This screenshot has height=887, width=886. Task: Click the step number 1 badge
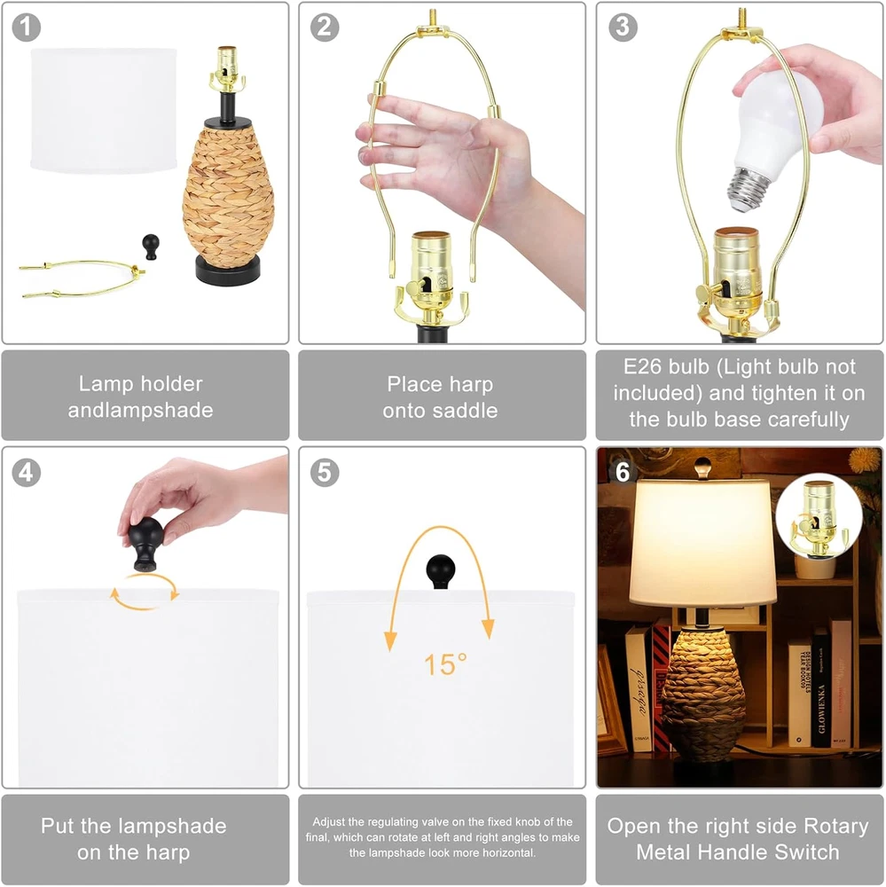click(x=26, y=27)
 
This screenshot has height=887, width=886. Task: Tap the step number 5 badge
click(x=325, y=473)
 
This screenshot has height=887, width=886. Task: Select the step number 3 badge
click(x=623, y=27)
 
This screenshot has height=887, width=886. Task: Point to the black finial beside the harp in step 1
click(x=151, y=247)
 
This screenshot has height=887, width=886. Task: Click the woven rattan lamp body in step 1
click(x=229, y=192)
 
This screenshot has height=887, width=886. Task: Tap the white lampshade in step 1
click(x=104, y=110)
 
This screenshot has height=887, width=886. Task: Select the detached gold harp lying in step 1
click(x=82, y=278)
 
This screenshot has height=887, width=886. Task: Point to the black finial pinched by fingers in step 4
click(x=145, y=543)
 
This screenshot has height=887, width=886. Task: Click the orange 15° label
click(x=446, y=664)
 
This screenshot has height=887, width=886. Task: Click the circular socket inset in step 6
click(x=819, y=516)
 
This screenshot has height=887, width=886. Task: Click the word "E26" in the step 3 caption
click(x=642, y=366)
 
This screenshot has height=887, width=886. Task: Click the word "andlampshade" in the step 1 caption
click(x=141, y=410)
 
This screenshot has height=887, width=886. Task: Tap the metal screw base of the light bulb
click(x=750, y=187)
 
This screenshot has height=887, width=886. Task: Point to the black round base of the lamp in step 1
click(x=228, y=270)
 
